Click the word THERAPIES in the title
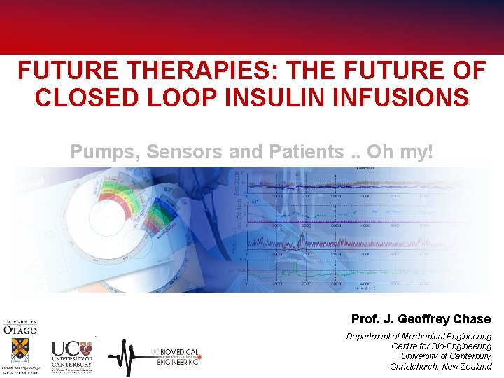pos(167,71)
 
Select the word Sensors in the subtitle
pos(178,151)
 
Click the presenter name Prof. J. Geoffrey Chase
pos(421,319)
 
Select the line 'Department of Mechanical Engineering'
pos(419,337)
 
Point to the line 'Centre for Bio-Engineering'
pos(441,346)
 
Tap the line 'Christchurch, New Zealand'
pos(441,366)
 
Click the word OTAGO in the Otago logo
pos(20,330)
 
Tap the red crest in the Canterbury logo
pos(86,348)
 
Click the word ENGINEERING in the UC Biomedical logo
pos(177,362)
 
